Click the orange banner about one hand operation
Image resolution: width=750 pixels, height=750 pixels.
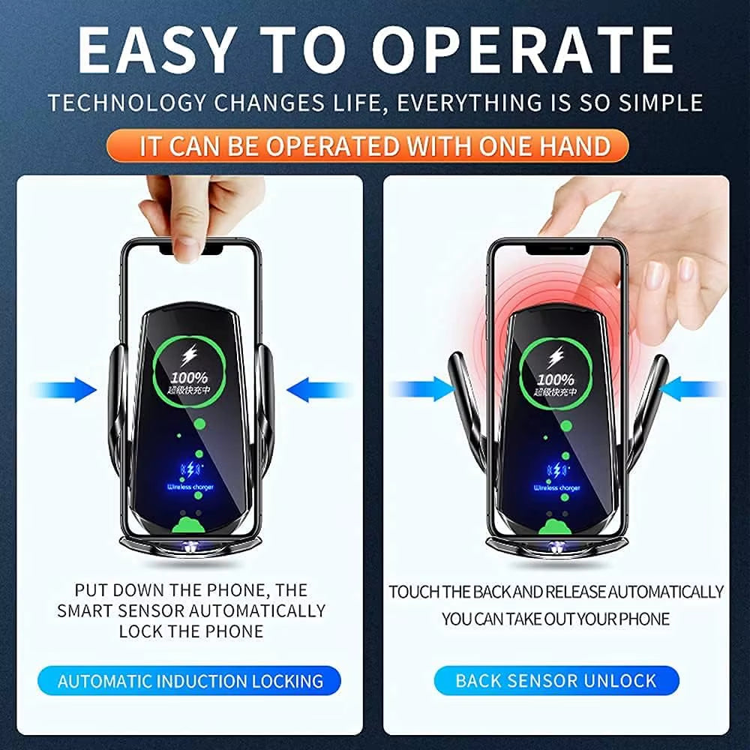pyautogui.click(x=375, y=145)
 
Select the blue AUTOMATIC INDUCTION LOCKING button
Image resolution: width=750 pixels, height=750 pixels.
pyautogui.click(x=190, y=681)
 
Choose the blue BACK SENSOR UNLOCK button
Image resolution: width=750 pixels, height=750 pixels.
pyautogui.click(x=556, y=681)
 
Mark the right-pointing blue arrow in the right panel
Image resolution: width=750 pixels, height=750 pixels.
pyautogui.click(x=420, y=388)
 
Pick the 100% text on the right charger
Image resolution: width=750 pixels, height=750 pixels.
pyautogui.click(x=555, y=379)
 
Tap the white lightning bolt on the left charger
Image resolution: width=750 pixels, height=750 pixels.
pyautogui.click(x=188, y=355)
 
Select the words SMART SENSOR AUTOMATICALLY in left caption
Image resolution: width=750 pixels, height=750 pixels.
pyautogui.click(x=191, y=610)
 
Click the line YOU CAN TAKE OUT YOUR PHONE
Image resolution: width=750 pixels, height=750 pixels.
pyautogui.click(x=556, y=619)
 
